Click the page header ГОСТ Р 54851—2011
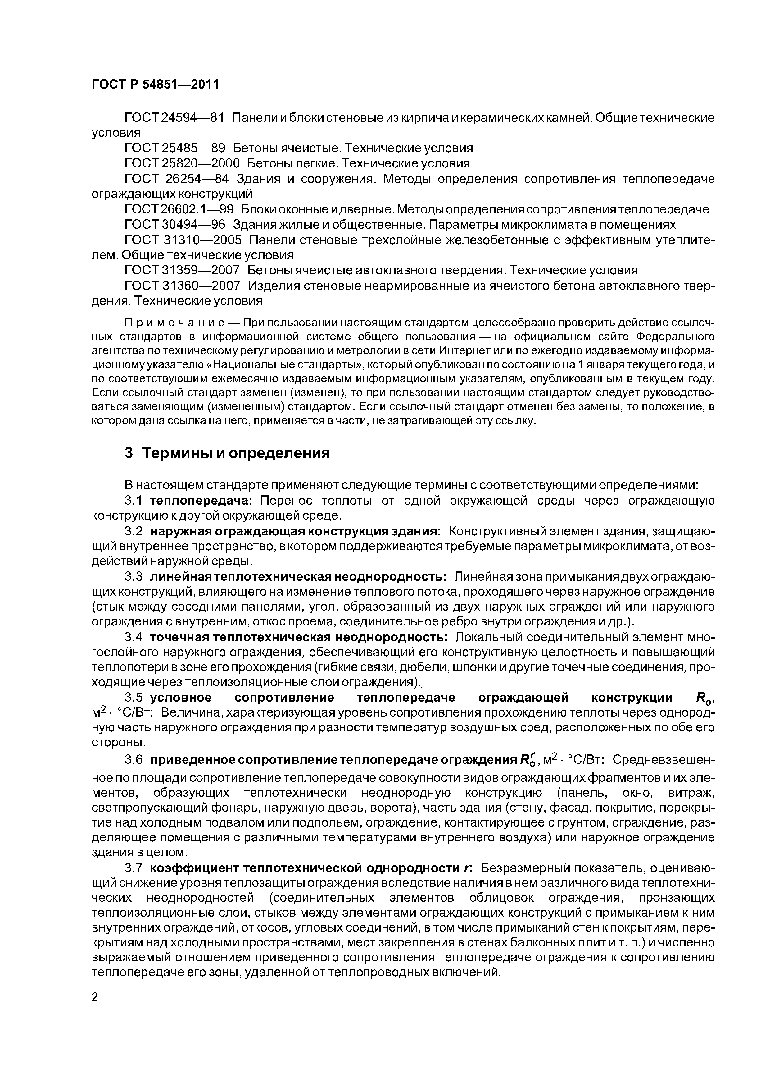pos(155,85)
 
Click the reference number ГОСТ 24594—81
pos(174,118)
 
